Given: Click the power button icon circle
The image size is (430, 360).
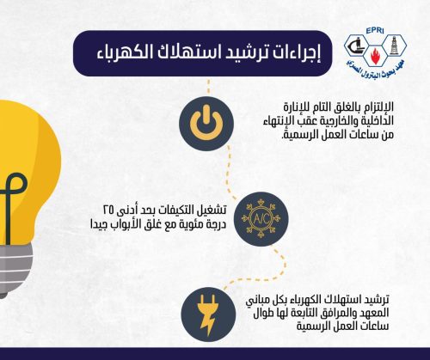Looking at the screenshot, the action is coord(206,124).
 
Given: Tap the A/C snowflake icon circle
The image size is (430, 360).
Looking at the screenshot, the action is coord(261,219).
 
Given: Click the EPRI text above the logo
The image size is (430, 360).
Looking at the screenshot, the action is coord(375,31).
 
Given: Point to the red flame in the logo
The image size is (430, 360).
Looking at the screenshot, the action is coord(374,56).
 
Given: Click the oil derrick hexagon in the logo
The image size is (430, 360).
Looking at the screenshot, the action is coord(395,46).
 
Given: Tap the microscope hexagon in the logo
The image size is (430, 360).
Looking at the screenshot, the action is coord(355,46).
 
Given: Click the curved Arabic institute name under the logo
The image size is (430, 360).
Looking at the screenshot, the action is coord(376,70).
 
